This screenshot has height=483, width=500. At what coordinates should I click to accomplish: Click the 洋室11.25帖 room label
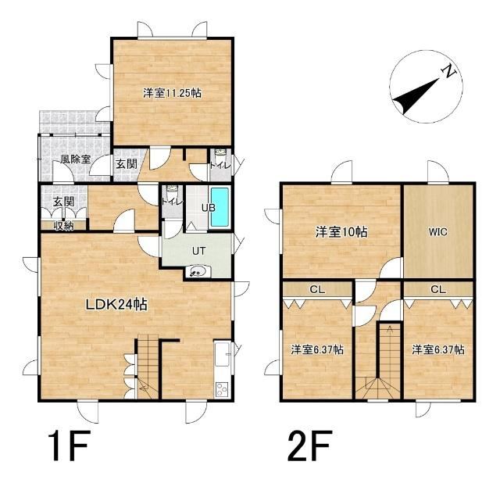172,93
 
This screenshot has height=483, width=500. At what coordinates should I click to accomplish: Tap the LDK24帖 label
116,304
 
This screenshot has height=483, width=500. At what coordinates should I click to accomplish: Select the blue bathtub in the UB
220,207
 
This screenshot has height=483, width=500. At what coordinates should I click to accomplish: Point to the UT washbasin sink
198,272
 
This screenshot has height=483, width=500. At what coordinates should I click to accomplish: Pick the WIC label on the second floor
437,232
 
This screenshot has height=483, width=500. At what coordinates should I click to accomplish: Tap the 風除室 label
76,159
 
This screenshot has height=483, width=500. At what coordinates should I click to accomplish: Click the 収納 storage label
64,226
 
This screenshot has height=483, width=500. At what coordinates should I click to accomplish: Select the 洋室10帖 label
341,231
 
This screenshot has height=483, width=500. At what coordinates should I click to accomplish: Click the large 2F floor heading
309,445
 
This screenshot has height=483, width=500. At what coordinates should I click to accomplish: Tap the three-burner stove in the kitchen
222,389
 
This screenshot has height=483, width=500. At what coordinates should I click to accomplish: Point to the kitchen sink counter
222,354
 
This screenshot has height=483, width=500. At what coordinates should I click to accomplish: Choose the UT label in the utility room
198,251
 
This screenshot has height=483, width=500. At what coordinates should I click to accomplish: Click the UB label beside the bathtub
209,208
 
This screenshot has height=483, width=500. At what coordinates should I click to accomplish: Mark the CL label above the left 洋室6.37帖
317,289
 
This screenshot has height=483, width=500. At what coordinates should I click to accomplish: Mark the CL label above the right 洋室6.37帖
438,289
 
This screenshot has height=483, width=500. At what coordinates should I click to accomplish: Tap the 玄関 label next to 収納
64,202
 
